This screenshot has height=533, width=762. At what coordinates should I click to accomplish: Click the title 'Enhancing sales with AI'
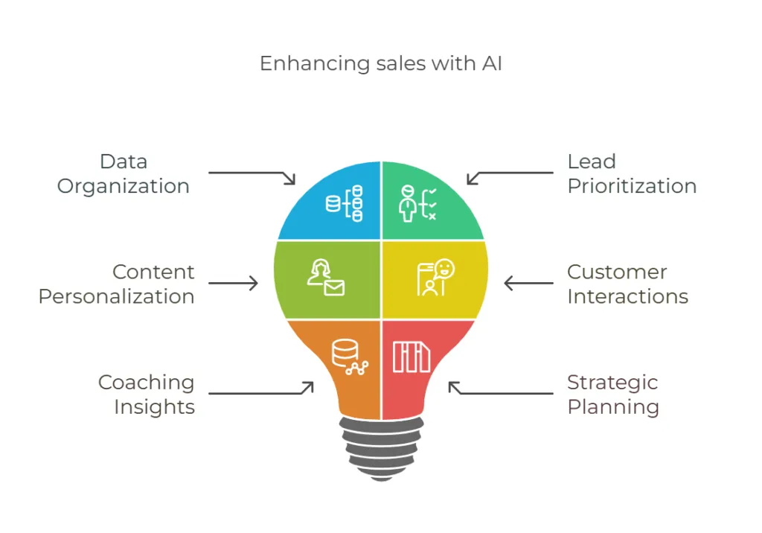click(381, 64)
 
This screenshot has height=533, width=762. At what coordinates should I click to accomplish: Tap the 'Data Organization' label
click(124, 173)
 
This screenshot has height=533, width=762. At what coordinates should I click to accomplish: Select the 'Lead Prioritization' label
click(632, 173)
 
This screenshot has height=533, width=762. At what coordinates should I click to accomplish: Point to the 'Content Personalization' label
click(117, 284)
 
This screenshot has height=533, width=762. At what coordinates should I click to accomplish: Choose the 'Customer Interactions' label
click(627, 284)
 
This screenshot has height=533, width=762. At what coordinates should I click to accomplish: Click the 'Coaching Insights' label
click(147, 394)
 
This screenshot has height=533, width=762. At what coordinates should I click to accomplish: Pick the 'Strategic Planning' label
click(613, 394)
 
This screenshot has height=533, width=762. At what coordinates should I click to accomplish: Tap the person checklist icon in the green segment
click(417, 203)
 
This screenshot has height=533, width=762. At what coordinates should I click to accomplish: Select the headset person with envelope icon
click(326, 277)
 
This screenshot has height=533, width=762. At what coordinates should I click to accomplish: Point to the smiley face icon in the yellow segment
click(435, 278)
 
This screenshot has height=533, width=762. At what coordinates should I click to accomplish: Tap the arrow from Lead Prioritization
click(510, 176)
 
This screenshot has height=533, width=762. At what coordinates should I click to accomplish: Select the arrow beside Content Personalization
click(233, 284)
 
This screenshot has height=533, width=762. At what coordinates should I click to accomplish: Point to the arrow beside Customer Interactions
click(528, 284)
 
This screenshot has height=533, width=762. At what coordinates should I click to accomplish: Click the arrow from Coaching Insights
click(260, 390)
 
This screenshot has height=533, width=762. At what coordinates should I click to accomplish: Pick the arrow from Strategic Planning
click(500, 390)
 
